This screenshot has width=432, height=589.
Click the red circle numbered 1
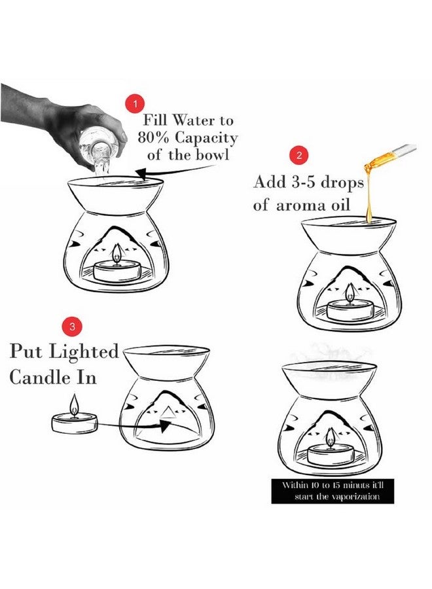tap(135, 104)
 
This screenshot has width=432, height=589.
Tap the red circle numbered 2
tap(299, 156)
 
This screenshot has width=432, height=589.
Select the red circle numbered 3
tap(71, 325)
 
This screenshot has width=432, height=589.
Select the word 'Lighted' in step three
tap(88, 351)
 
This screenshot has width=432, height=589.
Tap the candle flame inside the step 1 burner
tap(117, 253)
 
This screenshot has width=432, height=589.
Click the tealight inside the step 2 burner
tap(350, 309)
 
